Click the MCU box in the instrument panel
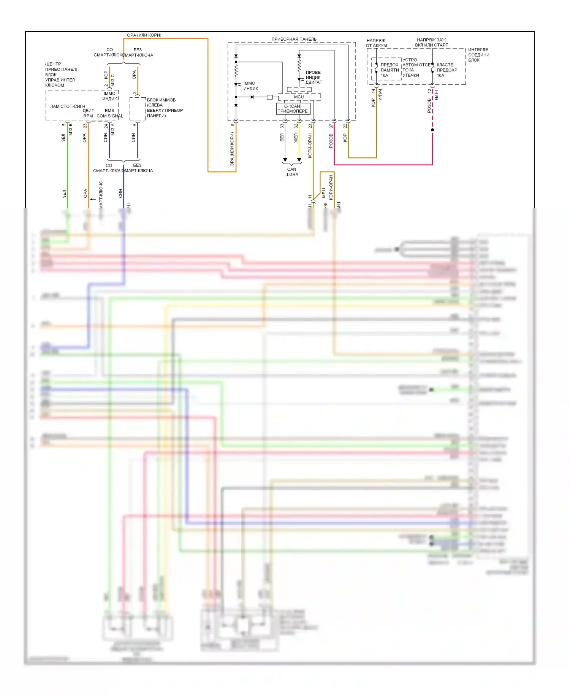[299, 97]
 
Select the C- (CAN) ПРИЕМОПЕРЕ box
[293, 109]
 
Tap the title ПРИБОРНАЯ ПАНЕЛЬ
[294, 39]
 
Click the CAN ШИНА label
[292, 172]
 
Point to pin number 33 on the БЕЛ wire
[282, 126]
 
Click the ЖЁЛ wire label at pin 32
[296, 138]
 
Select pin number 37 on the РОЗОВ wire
[331, 126]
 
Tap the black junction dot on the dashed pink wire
[432, 130]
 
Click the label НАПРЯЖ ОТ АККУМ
[376, 43]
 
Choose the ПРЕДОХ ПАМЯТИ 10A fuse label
[389, 70]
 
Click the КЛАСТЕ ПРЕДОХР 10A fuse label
[446, 70]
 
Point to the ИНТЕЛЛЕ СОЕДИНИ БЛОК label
[478, 55]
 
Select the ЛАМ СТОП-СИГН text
[68, 106]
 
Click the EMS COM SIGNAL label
[109, 113]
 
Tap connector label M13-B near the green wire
[71, 129]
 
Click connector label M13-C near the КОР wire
[113, 80]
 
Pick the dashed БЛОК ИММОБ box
[138, 109]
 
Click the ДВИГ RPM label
[88, 113]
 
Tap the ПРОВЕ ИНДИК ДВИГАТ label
[313, 77]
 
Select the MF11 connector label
[324, 193]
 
